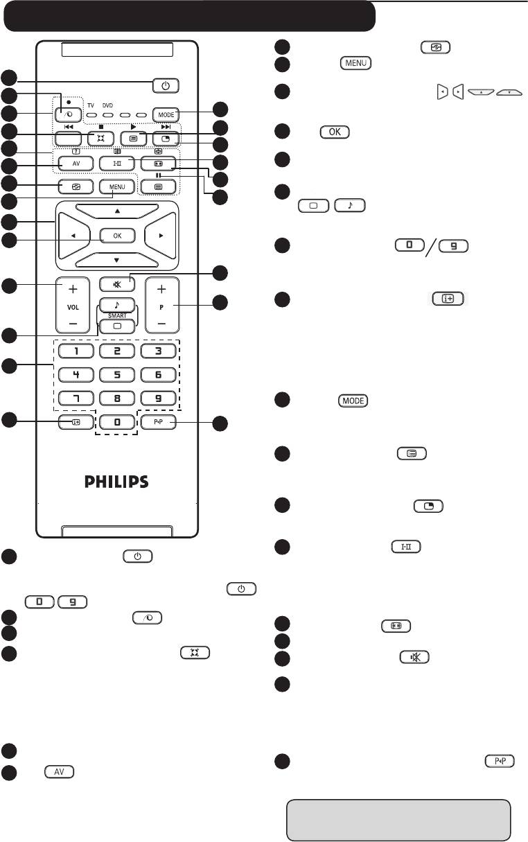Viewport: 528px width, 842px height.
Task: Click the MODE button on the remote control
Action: (x=166, y=114)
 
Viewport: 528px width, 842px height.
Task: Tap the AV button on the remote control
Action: (x=71, y=164)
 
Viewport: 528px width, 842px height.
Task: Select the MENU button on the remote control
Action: (x=116, y=187)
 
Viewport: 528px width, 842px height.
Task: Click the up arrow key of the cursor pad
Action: (x=117, y=210)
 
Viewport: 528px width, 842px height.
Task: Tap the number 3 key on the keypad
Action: (x=159, y=351)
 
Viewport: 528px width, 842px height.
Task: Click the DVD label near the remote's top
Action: (x=107, y=105)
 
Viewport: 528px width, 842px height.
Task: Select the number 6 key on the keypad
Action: (x=159, y=375)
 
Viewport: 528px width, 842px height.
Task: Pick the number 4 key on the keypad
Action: (x=72, y=375)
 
